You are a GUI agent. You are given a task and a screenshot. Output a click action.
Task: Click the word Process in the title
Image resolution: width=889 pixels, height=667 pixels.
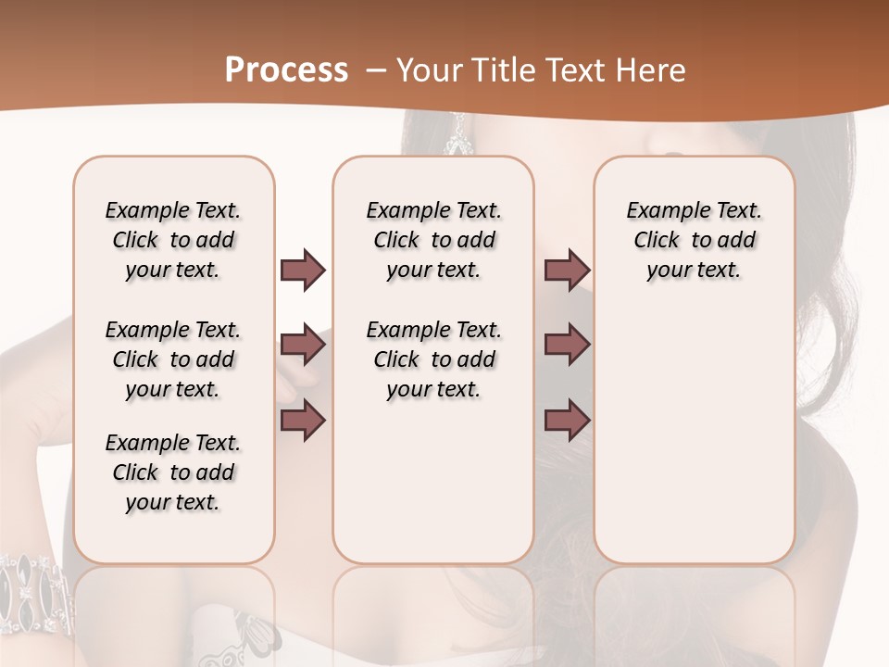coord(286,70)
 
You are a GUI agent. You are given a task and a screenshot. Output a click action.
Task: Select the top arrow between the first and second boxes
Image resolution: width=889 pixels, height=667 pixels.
coord(303,271)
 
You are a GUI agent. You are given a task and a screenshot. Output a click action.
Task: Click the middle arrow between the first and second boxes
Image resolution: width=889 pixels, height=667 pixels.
coord(303,346)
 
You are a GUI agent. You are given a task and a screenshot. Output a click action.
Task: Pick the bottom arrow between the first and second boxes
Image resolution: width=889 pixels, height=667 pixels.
coord(303,422)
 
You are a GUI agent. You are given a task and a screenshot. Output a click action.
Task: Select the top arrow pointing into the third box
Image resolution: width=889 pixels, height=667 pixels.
coord(567,271)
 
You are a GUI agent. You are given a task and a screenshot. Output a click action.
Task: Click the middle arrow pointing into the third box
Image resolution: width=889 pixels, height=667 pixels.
coord(567,346)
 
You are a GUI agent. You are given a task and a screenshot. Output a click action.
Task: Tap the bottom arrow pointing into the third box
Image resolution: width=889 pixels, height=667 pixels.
coord(567,422)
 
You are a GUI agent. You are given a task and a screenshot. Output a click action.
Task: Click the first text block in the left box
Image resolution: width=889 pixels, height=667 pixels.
coord(173,240)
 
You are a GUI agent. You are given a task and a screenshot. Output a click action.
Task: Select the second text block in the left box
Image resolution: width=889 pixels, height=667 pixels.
coord(173,359)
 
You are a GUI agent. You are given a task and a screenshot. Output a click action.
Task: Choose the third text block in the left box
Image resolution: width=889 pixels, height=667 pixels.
coord(173,472)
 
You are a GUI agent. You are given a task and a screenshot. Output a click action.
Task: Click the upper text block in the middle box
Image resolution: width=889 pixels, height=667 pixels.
coord(433,240)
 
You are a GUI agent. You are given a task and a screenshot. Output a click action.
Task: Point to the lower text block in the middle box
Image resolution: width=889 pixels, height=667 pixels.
coord(433,359)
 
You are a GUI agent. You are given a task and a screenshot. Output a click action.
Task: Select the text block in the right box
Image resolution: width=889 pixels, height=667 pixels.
coord(695,240)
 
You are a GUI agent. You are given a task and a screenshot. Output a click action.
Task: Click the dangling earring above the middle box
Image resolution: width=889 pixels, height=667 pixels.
coord(457,135)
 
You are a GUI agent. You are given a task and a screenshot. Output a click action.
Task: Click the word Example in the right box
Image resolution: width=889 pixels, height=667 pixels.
coord(661,211)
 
